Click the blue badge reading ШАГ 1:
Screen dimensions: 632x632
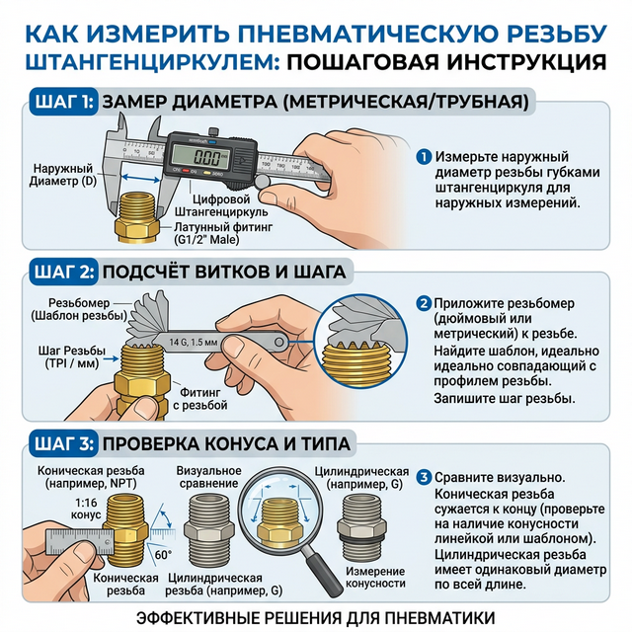click(64, 102)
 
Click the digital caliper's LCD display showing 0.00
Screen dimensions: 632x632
click(205, 157)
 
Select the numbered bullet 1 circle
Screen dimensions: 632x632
click(424, 157)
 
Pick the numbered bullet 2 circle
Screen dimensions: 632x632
click(424, 303)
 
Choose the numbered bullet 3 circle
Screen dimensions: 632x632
click(424, 477)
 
